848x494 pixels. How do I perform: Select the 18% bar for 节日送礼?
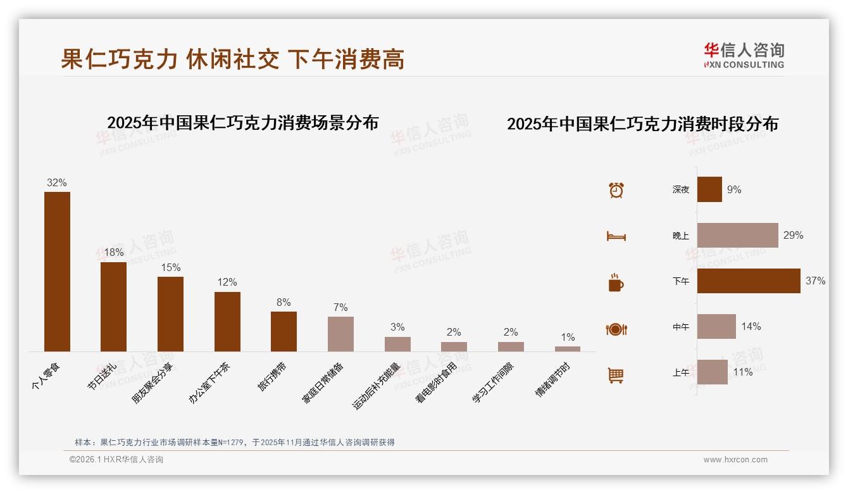pyautogui.click(x=113, y=307)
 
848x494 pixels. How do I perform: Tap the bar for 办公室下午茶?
pyautogui.click(x=227, y=321)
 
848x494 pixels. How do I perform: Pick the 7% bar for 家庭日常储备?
pyautogui.click(x=340, y=334)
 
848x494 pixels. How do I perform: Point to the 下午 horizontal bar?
pyautogui.click(x=749, y=281)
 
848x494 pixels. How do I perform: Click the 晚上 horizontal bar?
pyautogui.click(x=737, y=235)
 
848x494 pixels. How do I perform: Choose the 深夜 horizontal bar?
pyautogui.click(x=709, y=189)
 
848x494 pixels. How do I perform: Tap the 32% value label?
pyautogui.click(x=57, y=182)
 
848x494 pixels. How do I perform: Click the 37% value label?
pyautogui.click(x=815, y=281)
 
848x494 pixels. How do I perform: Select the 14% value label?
pyautogui.click(x=751, y=327)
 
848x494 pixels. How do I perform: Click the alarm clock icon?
pyautogui.click(x=616, y=190)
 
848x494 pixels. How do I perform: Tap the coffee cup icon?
pyautogui.click(x=616, y=282)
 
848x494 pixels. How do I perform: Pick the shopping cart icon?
pyautogui.click(x=616, y=375)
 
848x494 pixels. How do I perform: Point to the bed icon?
pyautogui.click(x=616, y=236)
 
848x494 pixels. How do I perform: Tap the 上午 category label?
pyautogui.click(x=681, y=372)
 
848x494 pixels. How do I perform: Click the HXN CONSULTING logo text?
pyautogui.click(x=744, y=65)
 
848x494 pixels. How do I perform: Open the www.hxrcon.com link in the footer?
pyautogui.click(x=735, y=460)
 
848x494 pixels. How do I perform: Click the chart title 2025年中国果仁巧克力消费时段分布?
pyautogui.click(x=642, y=124)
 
